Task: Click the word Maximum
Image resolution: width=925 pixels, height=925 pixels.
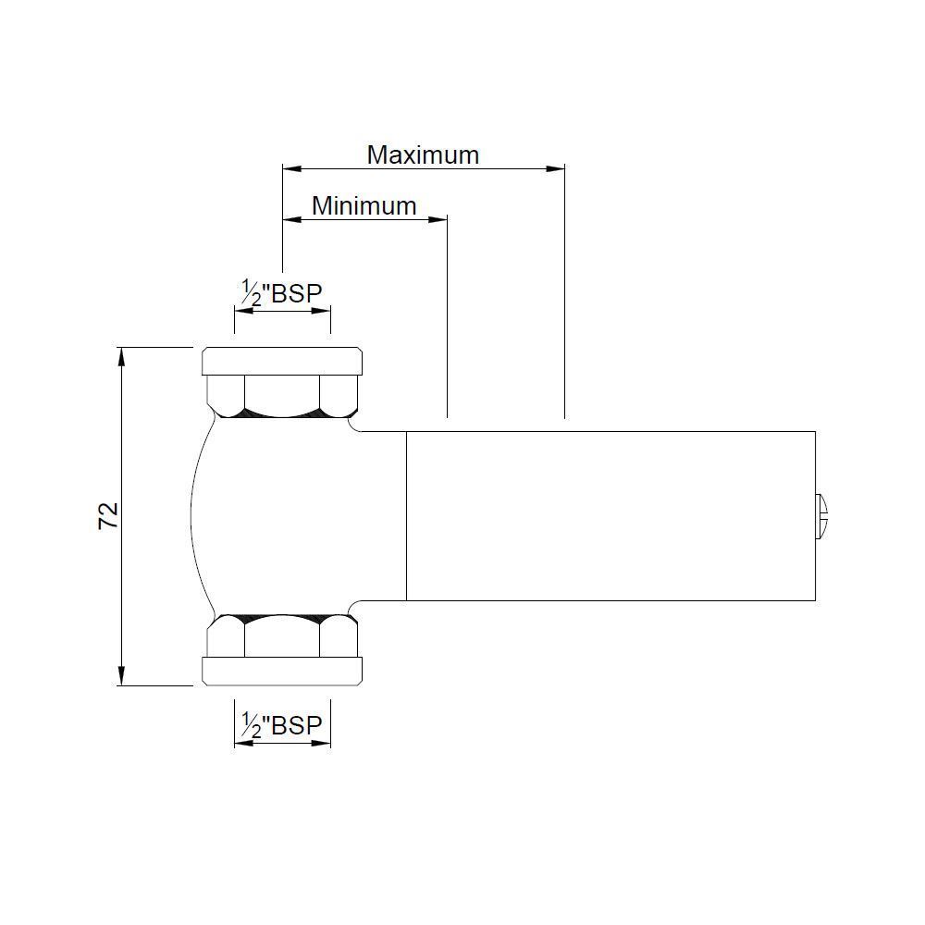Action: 423,155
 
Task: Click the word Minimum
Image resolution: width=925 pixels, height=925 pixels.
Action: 364,206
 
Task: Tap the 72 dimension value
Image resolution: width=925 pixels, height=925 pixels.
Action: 108,516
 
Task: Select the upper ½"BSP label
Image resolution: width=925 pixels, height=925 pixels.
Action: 282,292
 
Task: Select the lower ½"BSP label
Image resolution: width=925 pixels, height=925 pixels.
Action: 282,725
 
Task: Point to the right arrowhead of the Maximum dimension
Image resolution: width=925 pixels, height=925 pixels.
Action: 555,168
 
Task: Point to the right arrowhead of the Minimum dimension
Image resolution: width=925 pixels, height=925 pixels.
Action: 438,219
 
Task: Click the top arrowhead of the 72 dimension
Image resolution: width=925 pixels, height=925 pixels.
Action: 122,357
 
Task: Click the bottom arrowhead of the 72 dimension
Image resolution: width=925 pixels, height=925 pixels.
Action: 122,675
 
